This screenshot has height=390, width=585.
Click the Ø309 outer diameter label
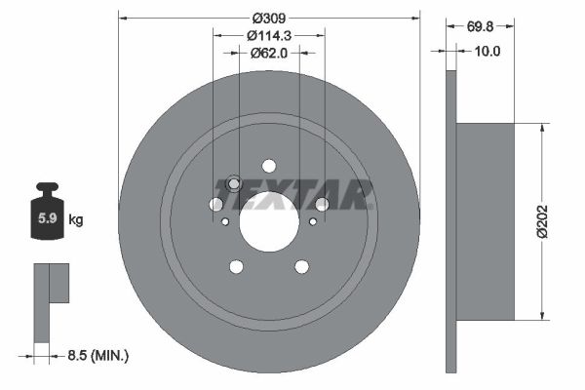tap(269, 18)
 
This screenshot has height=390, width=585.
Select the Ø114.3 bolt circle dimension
tap(269, 35)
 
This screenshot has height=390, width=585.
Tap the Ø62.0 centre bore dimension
tap(269, 53)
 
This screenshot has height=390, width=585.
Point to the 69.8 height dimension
tap(480, 26)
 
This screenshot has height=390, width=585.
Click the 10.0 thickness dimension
tap(487, 51)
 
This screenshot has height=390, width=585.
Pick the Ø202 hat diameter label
tap(542, 221)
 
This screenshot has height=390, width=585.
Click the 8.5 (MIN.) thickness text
tap(98, 355)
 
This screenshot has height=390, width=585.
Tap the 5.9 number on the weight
tap(48, 218)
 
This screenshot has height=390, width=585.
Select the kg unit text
tap(76, 219)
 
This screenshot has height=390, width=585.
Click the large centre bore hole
tap(269, 221)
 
